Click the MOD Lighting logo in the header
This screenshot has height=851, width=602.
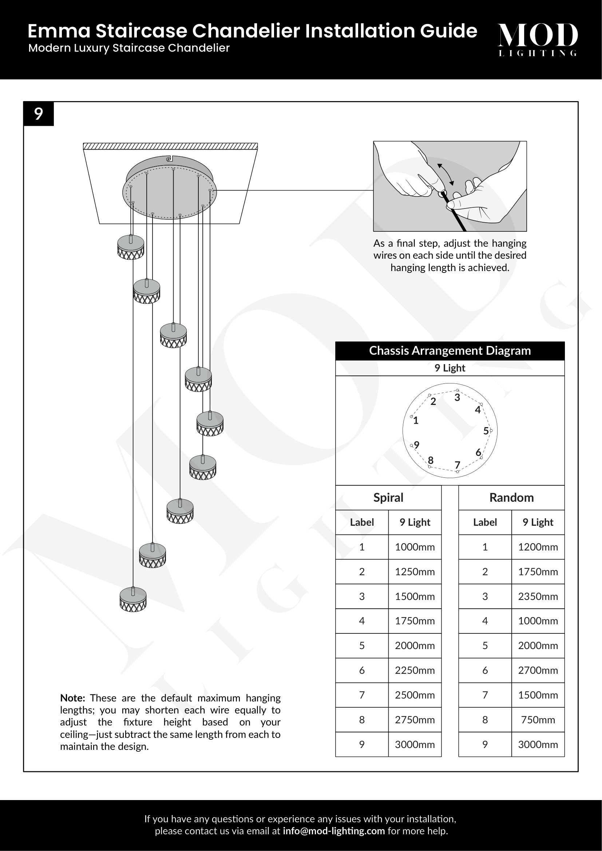[538, 39]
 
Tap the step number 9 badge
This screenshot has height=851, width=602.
[39, 114]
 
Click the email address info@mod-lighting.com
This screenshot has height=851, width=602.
[334, 831]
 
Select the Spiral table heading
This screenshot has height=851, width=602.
[388, 497]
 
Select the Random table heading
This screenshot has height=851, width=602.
[511, 497]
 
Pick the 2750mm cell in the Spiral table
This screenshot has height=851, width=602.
[415, 719]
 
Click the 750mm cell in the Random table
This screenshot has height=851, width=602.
[538, 719]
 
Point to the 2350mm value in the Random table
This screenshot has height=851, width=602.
[538, 596]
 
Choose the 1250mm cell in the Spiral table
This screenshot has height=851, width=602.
[415, 572]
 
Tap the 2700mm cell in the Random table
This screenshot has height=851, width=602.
[538, 670]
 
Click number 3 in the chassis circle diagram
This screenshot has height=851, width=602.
[457, 397]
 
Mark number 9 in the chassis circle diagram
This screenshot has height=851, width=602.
[417, 445]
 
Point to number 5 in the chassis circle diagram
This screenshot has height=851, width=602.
[486, 431]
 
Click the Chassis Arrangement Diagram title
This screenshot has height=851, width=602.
[449, 351]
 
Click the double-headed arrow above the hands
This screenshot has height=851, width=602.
[445, 174]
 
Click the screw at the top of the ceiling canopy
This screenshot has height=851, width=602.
[169, 159]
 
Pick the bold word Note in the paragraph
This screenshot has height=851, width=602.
[73, 698]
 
